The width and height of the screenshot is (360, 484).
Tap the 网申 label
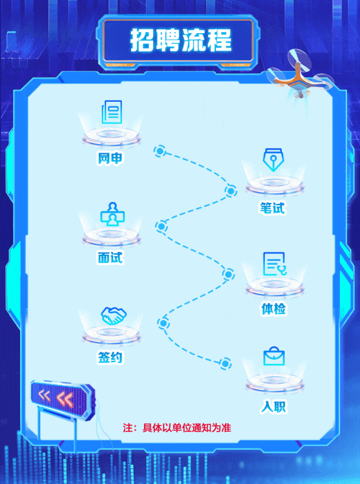[x=110, y=159]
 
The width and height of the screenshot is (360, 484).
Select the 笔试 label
[x=272, y=208]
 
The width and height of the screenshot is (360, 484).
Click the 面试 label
[x=110, y=257]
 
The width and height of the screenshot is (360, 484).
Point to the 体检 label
[x=273, y=309]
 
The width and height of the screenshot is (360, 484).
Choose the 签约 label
[x=110, y=358]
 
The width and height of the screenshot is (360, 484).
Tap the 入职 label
[x=273, y=406]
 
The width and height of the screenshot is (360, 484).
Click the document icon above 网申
[x=110, y=112]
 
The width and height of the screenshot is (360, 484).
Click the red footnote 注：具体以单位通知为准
[x=177, y=428]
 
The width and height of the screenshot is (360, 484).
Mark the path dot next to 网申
[x=160, y=151]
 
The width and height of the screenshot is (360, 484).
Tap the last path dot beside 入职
[x=226, y=363]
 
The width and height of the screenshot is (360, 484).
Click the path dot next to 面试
[x=161, y=227]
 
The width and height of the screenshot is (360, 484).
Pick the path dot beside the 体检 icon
[x=228, y=274]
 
